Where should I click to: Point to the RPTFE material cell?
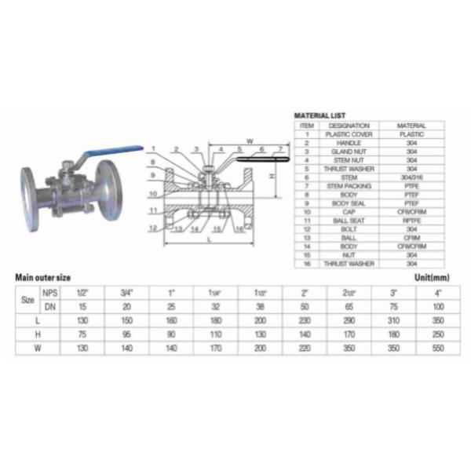[x=411, y=221]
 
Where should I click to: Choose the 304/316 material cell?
[x=411, y=177]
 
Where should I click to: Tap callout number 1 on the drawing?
[x=155, y=148]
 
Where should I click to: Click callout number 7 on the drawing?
[x=280, y=148]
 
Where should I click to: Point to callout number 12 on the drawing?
[x=155, y=228]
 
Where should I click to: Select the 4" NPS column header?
[x=438, y=293]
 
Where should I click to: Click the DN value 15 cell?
[x=81, y=306]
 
